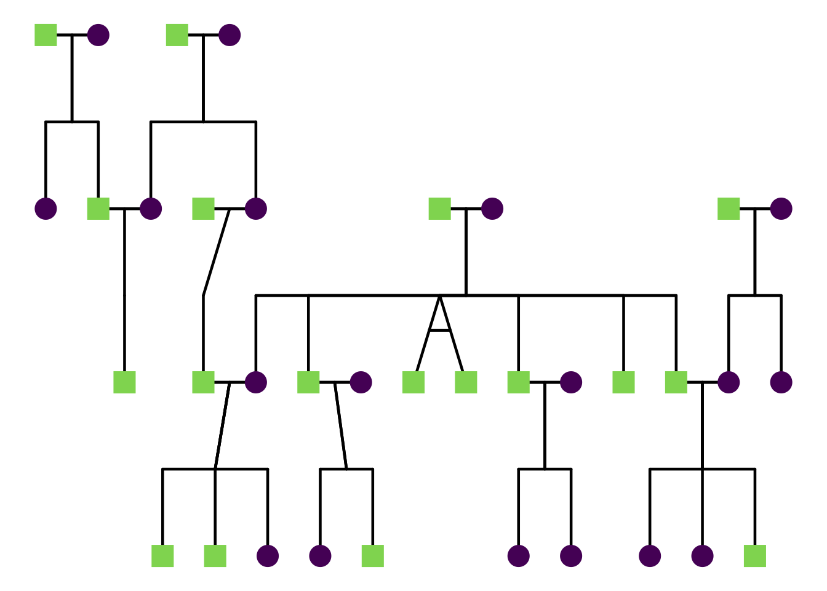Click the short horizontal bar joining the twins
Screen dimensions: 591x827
pos(439,331)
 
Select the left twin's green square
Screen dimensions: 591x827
pos(413,382)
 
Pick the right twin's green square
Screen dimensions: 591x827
pos(466,382)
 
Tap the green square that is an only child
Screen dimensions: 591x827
pos(124,382)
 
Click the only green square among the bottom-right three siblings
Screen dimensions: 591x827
pos(754,556)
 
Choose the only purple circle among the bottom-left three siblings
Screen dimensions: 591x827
pos(268,556)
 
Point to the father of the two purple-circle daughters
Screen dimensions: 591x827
pos(518,382)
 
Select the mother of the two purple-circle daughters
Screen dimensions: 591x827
pos(571,382)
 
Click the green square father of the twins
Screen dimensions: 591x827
pos(439,209)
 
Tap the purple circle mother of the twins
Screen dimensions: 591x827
pos(492,209)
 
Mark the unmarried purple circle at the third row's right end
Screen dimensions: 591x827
pos(781,382)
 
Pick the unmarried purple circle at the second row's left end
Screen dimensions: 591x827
pos(46,209)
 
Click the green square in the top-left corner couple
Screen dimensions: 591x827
pos(46,35)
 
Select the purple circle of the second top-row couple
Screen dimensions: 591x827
pos(230,35)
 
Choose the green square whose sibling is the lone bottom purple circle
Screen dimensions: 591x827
pos(373,556)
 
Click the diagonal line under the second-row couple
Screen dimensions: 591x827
pos(216,252)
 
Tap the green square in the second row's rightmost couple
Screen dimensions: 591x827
pos(729,209)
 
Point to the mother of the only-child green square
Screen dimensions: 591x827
pos(151,209)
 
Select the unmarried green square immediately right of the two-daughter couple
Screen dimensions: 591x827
pos(623,382)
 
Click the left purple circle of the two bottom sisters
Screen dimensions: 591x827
pos(518,556)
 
